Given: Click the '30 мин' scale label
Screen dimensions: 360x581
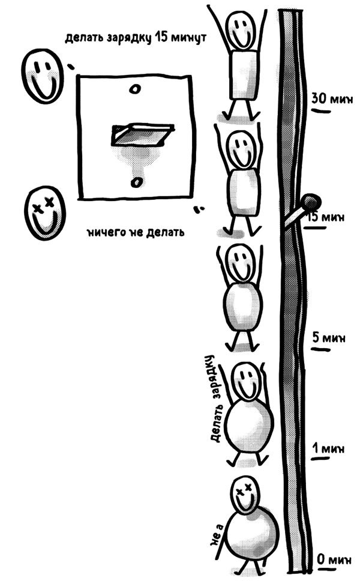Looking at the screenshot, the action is [332, 98].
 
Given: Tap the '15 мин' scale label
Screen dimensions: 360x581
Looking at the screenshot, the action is [326, 217].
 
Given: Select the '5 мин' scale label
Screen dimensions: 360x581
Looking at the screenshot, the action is [329, 337].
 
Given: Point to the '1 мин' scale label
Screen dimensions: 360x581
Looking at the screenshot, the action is [328, 449].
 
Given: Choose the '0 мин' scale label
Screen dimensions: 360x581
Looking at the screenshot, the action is [334, 559].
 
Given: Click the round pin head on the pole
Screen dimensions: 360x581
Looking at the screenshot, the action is [311, 202].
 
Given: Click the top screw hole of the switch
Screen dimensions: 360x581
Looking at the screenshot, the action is [135, 89].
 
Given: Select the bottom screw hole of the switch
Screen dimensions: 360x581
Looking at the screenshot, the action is [136, 182].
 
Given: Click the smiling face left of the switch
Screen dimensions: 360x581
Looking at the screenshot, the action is [43, 76].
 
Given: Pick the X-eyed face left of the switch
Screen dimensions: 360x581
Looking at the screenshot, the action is [44, 213].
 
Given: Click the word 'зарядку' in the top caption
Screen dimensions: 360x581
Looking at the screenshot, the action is [130, 38].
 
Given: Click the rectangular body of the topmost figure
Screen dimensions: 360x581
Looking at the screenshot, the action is [244, 75].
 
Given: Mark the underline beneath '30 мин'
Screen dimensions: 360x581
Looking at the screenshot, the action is [321, 110].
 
